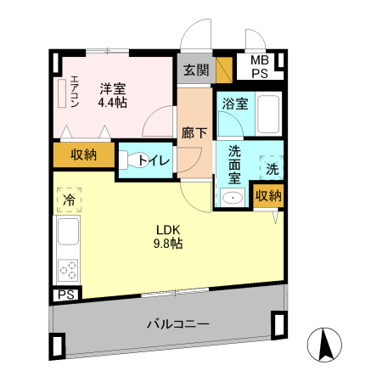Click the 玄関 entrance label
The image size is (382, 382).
click(x=196, y=70)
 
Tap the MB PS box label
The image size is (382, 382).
click(x=260, y=67)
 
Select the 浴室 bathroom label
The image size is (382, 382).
click(x=236, y=104)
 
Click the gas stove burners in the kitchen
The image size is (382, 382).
click(x=67, y=271)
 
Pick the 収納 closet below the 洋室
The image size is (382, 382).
click(x=82, y=154)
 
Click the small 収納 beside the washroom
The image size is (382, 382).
click(x=268, y=195)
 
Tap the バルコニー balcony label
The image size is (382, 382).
click(x=177, y=323)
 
